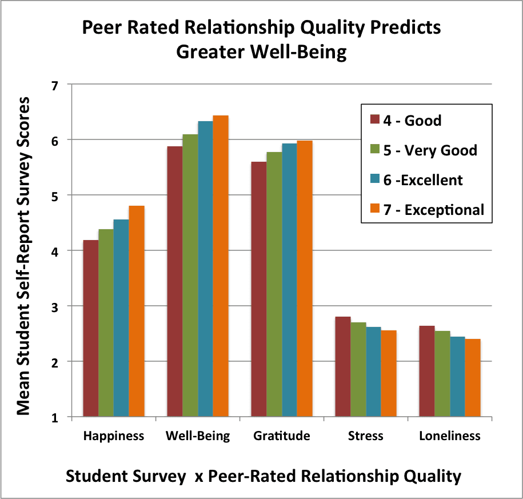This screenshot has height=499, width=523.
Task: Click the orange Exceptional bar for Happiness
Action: pyautogui.click(x=137, y=312)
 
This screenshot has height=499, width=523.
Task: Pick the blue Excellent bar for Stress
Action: pyautogui.click(x=373, y=372)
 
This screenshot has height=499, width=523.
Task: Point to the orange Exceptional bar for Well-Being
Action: pyautogui.click(x=221, y=266)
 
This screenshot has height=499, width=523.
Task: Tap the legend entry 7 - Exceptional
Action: pyautogui.click(x=437, y=210)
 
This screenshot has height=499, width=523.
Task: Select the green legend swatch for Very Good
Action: pyautogui.click(x=376, y=150)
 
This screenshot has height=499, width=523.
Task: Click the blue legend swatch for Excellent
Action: pyautogui.click(x=376, y=180)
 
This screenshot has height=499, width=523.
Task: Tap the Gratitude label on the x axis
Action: pyautogui.click(x=282, y=436)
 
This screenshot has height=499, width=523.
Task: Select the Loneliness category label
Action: pyautogui.click(x=450, y=436)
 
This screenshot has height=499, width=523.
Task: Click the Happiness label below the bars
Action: pyautogui.click(x=114, y=436)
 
